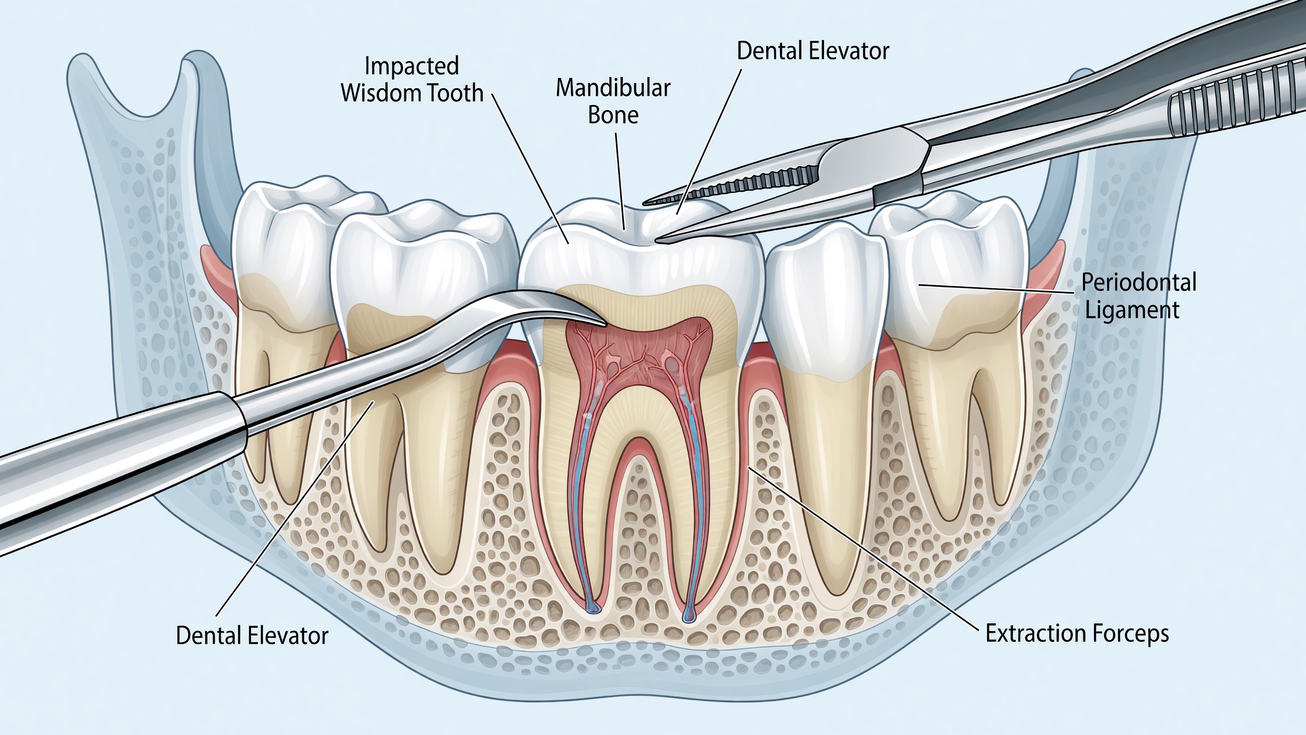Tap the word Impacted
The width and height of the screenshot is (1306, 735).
point(412,66)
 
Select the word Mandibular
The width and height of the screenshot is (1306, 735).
point(613,88)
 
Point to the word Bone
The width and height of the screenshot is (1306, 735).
point(613,115)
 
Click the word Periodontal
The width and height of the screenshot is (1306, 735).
point(1139,283)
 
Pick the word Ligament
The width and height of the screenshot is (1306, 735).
point(1132,310)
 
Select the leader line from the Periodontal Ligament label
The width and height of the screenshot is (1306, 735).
point(996,289)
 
